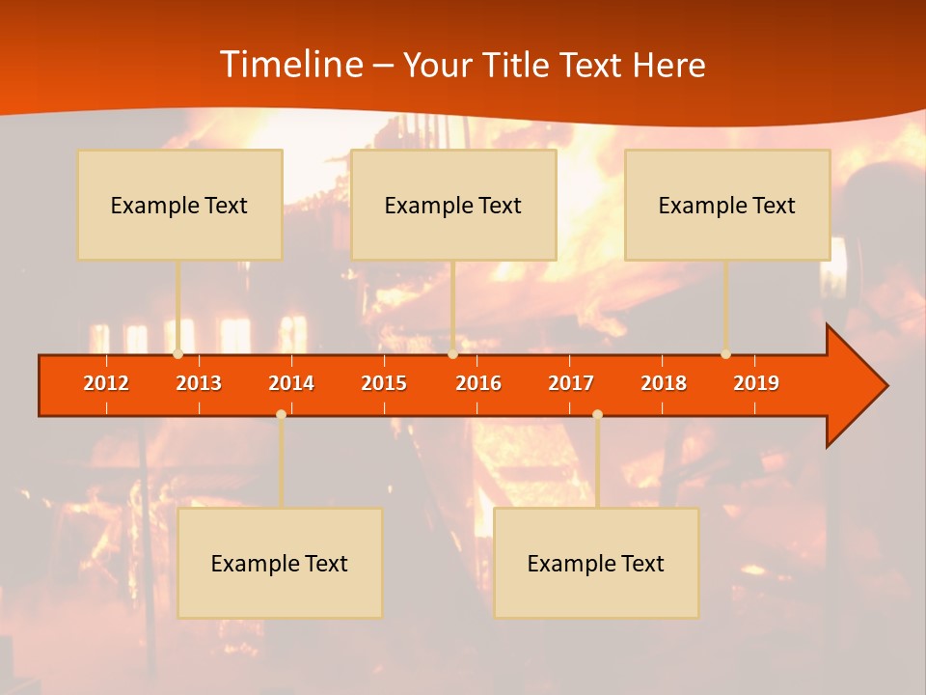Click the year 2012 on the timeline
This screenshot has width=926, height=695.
106,383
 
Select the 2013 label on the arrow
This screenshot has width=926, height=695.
199,383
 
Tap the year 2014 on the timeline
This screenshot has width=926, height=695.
291,383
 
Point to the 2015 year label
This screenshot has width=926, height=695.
384,383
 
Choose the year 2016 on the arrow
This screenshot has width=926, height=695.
478,383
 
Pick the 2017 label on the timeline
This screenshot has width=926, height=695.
571,383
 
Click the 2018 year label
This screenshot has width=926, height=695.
664,383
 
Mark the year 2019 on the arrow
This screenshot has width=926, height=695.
756,383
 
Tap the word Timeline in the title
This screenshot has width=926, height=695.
289,65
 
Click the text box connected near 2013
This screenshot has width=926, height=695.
179,205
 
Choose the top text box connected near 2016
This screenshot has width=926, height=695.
453,205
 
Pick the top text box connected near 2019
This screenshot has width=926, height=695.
727,205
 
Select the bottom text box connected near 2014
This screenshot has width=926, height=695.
280,563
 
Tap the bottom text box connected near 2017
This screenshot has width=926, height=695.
596,563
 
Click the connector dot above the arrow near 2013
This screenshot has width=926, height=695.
177,354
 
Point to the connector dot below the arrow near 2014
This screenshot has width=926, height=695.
281,414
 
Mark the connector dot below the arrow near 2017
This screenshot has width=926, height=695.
597,414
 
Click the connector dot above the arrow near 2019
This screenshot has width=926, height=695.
725,354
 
